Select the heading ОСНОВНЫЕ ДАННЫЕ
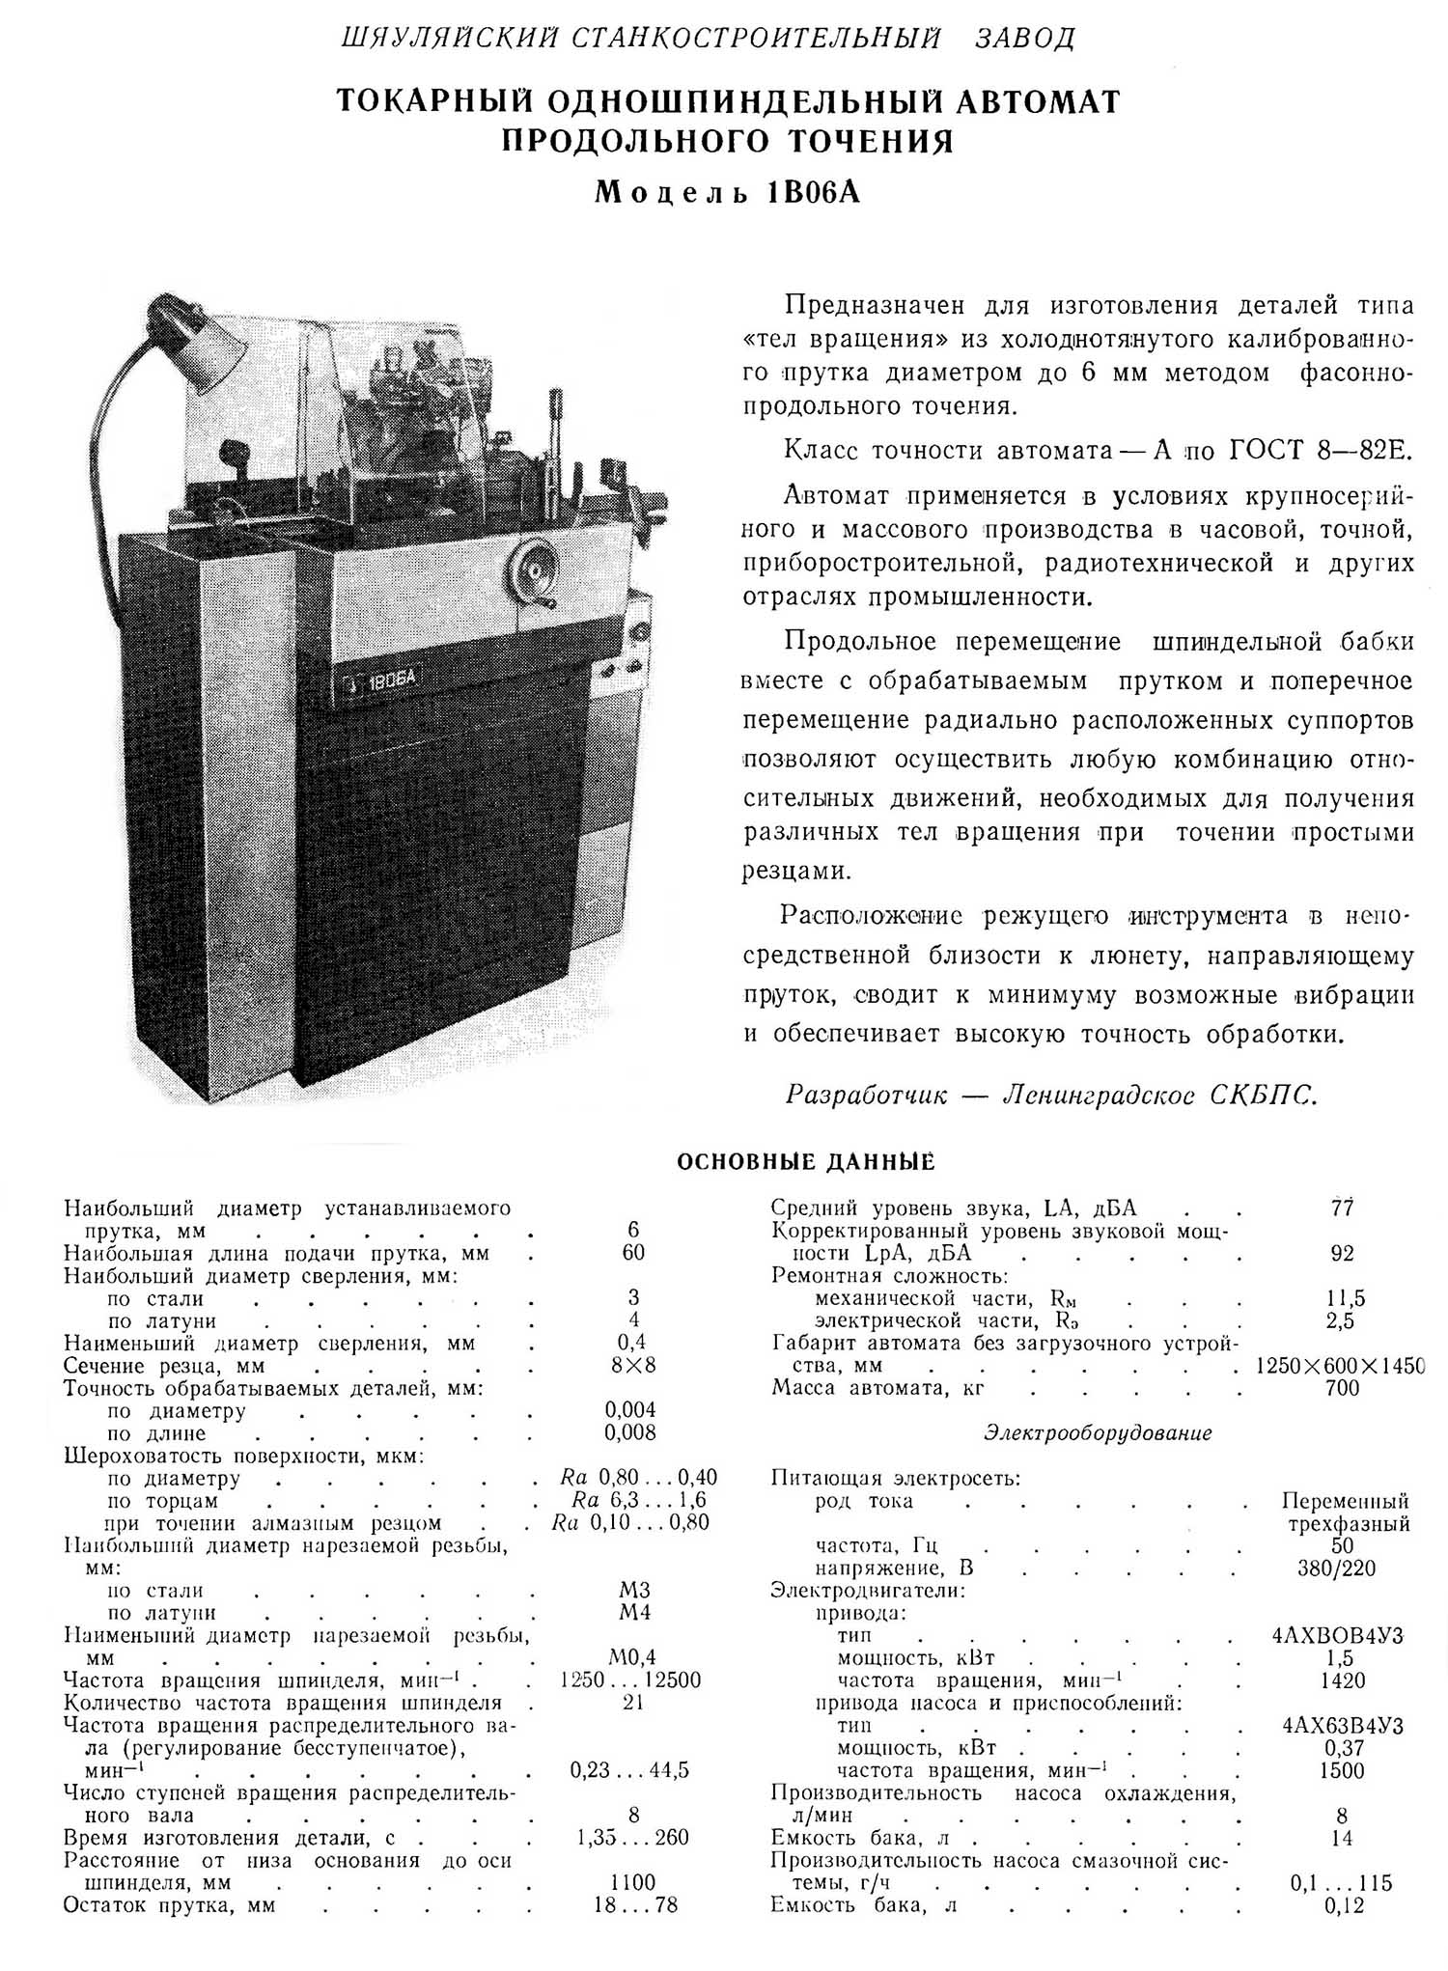click(806, 1161)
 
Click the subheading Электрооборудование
click(1098, 1432)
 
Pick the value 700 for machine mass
click(1342, 1388)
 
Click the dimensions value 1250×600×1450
click(1340, 1366)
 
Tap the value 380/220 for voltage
click(1337, 1568)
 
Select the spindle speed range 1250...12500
click(630, 1680)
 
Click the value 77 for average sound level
click(1342, 1208)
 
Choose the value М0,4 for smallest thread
click(632, 1658)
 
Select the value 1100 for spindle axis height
click(632, 1882)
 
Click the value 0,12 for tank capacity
click(1342, 1904)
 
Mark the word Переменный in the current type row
click(1345, 1501)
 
